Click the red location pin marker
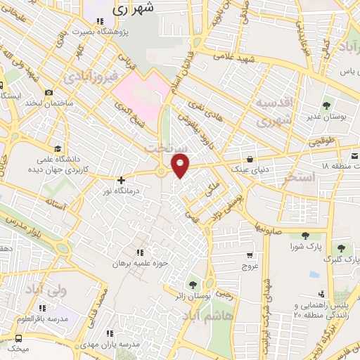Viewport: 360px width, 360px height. pos(181,165)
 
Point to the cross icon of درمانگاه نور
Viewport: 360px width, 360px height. pos(121,180)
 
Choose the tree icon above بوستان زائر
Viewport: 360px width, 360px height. pos(192,285)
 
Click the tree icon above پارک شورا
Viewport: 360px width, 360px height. pos(304,237)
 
